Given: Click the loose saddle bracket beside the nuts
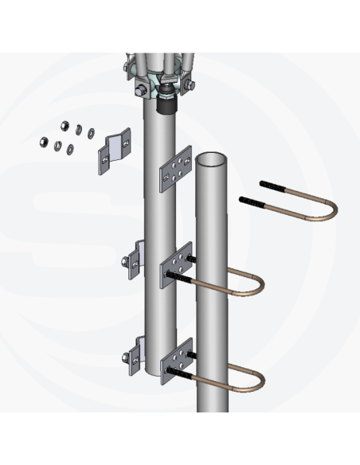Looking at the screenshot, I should pyautogui.click(x=116, y=151).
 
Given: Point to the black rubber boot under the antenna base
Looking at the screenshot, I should pyautogui.click(x=169, y=104).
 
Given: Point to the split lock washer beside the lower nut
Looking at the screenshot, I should pyautogui.click(x=59, y=146).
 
